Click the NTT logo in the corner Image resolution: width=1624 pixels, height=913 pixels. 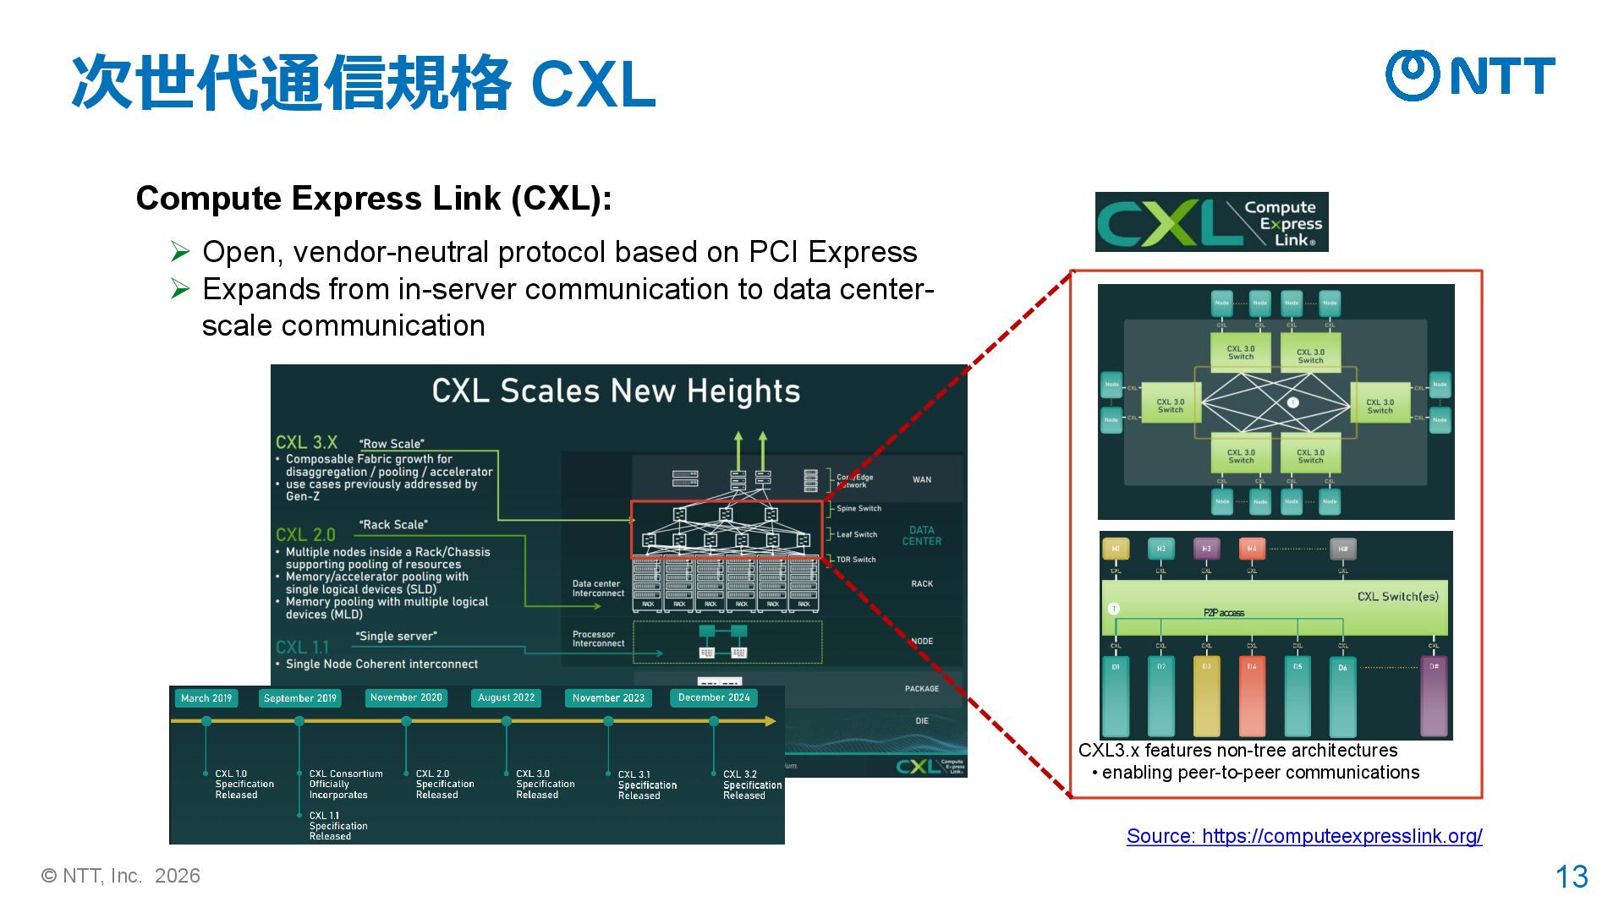tap(1470, 75)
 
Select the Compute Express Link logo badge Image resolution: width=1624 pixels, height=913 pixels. tap(1211, 222)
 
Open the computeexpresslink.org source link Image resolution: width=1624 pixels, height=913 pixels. tap(1303, 836)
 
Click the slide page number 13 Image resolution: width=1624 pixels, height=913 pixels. tap(1572, 877)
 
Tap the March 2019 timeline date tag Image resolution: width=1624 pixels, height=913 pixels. tap(206, 698)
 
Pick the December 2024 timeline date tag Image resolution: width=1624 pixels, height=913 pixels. tap(714, 697)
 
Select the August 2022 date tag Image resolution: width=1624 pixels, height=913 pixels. tap(506, 697)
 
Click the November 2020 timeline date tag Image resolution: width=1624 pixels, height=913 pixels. tap(406, 697)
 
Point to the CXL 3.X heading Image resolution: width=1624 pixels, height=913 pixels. tap(306, 442)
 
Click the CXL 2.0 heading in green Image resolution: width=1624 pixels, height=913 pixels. tap(305, 535)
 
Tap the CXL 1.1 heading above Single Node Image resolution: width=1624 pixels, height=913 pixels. tap(302, 648)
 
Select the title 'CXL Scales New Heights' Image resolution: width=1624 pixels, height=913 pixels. tap(616, 391)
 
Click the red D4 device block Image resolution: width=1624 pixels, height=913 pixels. tap(1252, 695)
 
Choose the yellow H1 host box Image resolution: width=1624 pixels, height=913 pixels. tap(1116, 549)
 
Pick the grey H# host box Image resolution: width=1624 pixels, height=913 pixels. tap(1342, 549)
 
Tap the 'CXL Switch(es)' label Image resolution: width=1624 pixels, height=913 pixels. tap(1397, 597)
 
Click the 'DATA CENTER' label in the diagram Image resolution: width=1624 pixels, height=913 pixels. tap(921, 536)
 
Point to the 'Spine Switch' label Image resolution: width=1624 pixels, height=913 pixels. tap(859, 509)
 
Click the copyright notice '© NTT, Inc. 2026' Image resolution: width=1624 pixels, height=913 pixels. tap(121, 876)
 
